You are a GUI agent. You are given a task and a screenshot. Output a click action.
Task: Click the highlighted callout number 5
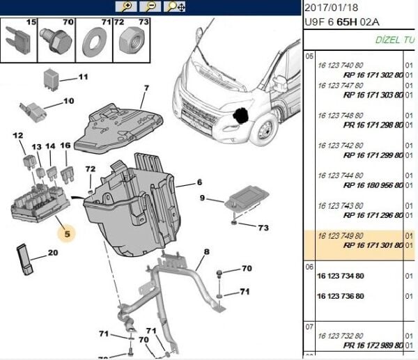coord(68,235)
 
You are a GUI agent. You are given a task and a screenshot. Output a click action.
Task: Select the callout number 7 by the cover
coord(146,88)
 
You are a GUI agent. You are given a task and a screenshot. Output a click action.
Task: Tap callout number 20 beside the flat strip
coord(53,253)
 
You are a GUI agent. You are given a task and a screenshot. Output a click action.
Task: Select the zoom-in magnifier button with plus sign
coord(127,7)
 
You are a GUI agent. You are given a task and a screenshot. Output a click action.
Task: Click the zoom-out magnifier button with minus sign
coord(150,7)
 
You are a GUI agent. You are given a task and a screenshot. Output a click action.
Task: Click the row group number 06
coord(311,266)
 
